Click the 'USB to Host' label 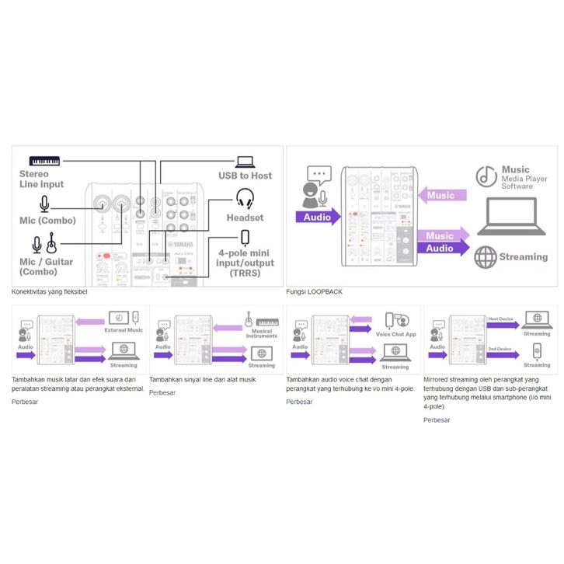click(245, 176)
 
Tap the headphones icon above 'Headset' click(245, 198)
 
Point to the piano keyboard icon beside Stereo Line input click(45, 160)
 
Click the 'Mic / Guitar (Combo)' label click(46, 266)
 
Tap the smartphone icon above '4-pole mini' click(245, 236)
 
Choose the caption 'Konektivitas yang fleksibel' click(49, 291)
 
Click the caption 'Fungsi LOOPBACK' click(315, 291)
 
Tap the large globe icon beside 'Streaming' click(486, 257)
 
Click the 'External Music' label click(124, 330)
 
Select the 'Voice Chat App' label click(395, 334)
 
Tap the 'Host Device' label click(500, 319)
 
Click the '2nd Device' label click(500, 349)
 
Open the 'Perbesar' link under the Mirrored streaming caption click(437, 420)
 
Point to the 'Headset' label click(245, 218)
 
